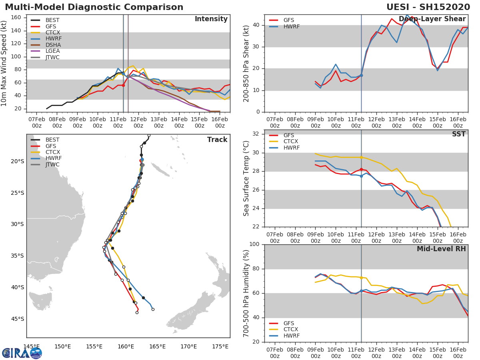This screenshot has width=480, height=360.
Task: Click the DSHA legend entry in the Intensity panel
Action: tap(46, 45)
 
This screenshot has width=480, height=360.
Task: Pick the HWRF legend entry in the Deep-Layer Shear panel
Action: tap(284, 27)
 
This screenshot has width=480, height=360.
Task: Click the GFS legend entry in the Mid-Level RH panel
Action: tap(282, 323)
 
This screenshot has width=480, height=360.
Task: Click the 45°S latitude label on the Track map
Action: tap(18, 319)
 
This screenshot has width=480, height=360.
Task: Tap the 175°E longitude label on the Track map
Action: tap(220, 347)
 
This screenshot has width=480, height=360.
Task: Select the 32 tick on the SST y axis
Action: tap(256, 134)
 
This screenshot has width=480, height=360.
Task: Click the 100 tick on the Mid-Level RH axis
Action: tap(254, 244)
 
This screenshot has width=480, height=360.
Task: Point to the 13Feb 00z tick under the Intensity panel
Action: tap(159, 122)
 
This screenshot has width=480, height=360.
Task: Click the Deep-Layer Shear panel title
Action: tap(432, 19)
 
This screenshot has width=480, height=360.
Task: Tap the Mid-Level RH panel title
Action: tap(441, 249)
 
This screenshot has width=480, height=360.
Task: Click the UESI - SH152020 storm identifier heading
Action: tap(428, 7)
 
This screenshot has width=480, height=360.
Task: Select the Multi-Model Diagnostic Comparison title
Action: tap(94, 7)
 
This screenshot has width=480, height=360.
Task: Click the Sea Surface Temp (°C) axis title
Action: tap(246, 178)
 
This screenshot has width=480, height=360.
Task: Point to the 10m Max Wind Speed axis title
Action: tap(4, 64)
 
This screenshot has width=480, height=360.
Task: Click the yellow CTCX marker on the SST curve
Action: tap(361, 157)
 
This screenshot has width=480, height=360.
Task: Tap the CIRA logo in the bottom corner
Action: tap(22, 353)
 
